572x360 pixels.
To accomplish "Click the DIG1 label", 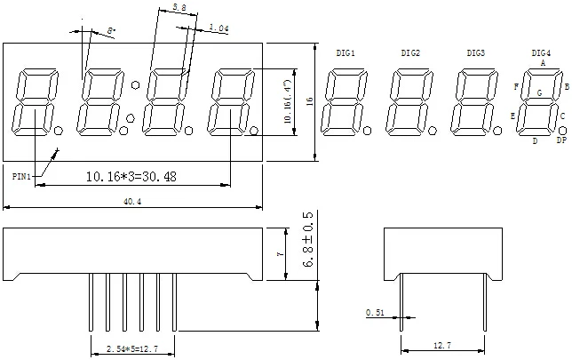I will (x=346, y=53).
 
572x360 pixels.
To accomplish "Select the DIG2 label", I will (x=410, y=53).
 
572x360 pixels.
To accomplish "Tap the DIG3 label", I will (x=475, y=53).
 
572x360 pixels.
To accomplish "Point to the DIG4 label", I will (x=541, y=53).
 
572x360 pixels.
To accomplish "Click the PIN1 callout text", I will (x=21, y=177).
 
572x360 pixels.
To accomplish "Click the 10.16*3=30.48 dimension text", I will (x=131, y=177).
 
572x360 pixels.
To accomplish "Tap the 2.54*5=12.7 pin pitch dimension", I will (x=132, y=349).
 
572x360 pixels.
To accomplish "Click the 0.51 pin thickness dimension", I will (x=375, y=313).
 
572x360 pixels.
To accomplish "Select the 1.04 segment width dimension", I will (x=218, y=29).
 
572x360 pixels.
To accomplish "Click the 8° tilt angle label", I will (x=111, y=31).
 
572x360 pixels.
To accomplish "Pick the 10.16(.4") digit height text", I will (x=287, y=103).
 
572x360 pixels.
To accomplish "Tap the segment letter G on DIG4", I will (x=539, y=92).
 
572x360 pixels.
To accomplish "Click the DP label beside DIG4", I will (x=561, y=140).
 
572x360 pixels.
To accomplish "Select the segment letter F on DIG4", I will (x=515, y=86).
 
